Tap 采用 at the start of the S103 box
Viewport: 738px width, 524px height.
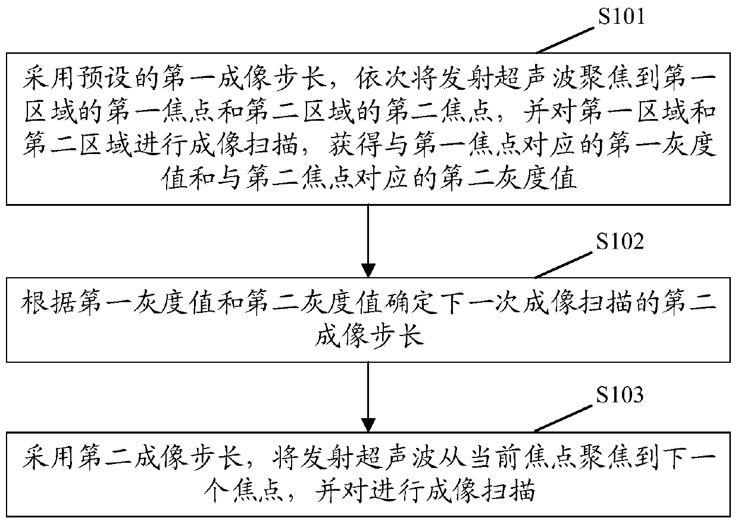tap(45, 459)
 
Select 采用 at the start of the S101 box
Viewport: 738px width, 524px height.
tap(45, 79)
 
